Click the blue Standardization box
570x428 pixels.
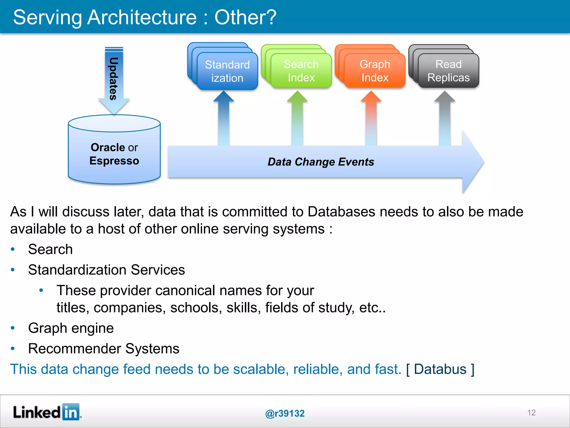[x=227, y=71]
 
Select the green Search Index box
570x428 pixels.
[x=301, y=71]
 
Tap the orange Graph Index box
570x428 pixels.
[x=375, y=71]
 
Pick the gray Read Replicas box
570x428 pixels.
[x=448, y=71]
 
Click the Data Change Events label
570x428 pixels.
[x=321, y=162]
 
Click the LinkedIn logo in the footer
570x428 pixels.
[x=47, y=412]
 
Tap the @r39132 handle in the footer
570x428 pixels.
[x=285, y=413]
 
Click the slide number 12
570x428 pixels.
[x=531, y=413]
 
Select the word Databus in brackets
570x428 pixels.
[x=440, y=369]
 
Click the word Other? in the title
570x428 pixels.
[x=245, y=17]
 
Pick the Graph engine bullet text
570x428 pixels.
[x=71, y=328]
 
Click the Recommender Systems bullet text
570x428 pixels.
[x=104, y=349]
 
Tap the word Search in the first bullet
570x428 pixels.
[x=50, y=249]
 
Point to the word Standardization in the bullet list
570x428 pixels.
[x=77, y=270]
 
